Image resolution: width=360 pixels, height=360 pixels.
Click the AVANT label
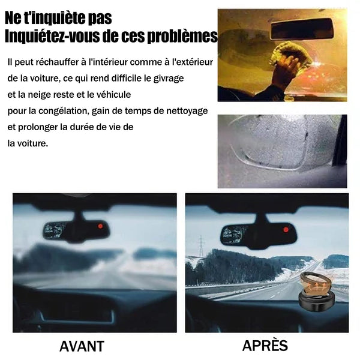tap(82, 346)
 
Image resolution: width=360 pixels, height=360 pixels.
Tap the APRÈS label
tap(265, 345)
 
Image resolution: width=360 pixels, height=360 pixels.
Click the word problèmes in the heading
tap(182, 36)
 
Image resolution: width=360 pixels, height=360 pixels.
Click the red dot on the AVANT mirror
tap(100, 226)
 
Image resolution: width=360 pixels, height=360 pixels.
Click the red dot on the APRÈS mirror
tap(286, 229)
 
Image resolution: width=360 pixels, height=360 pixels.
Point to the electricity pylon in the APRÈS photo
tap(201, 246)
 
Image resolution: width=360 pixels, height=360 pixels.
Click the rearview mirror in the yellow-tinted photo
tap(302, 29)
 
